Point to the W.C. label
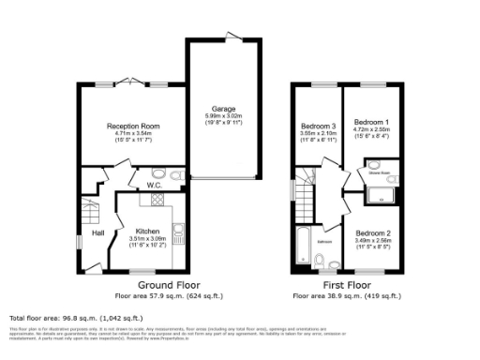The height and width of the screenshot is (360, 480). tap(155, 186)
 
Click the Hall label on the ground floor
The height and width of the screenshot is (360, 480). tap(97, 232)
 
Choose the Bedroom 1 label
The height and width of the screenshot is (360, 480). tap(370, 122)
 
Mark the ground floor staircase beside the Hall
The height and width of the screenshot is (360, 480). tap(91, 208)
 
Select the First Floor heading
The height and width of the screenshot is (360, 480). tap(347, 284)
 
